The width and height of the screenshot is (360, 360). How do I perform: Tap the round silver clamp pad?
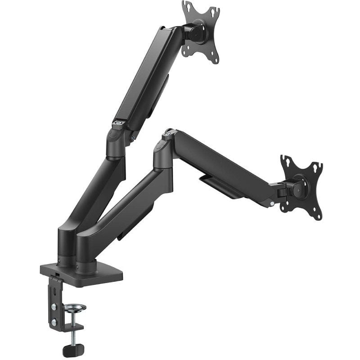click(x=75, y=308)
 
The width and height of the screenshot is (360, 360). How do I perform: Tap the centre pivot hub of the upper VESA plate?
click(x=198, y=31)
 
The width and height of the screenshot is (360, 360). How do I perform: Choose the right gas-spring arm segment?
click(x=225, y=162)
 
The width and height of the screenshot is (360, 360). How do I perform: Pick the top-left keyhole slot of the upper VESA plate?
click(x=185, y=5)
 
